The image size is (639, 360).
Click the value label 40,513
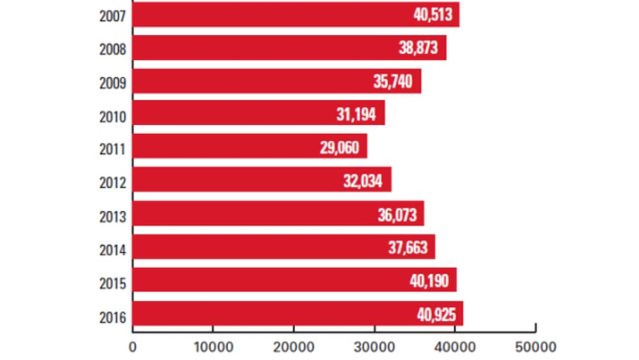[x=432, y=14]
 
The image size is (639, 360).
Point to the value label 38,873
[x=419, y=48]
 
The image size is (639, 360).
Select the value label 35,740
[x=393, y=82]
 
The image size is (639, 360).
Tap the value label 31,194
[x=356, y=115]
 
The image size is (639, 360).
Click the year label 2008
[x=112, y=48]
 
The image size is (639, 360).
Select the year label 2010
[x=112, y=116]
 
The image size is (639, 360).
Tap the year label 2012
[x=112, y=183]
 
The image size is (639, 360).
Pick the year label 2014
[x=112, y=250]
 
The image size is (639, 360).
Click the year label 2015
[x=112, y=284]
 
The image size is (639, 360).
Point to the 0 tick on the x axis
[x=133, y=346]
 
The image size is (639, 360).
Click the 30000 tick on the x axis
[x=374, y=346]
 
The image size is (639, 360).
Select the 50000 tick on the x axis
[x=535, y=346]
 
